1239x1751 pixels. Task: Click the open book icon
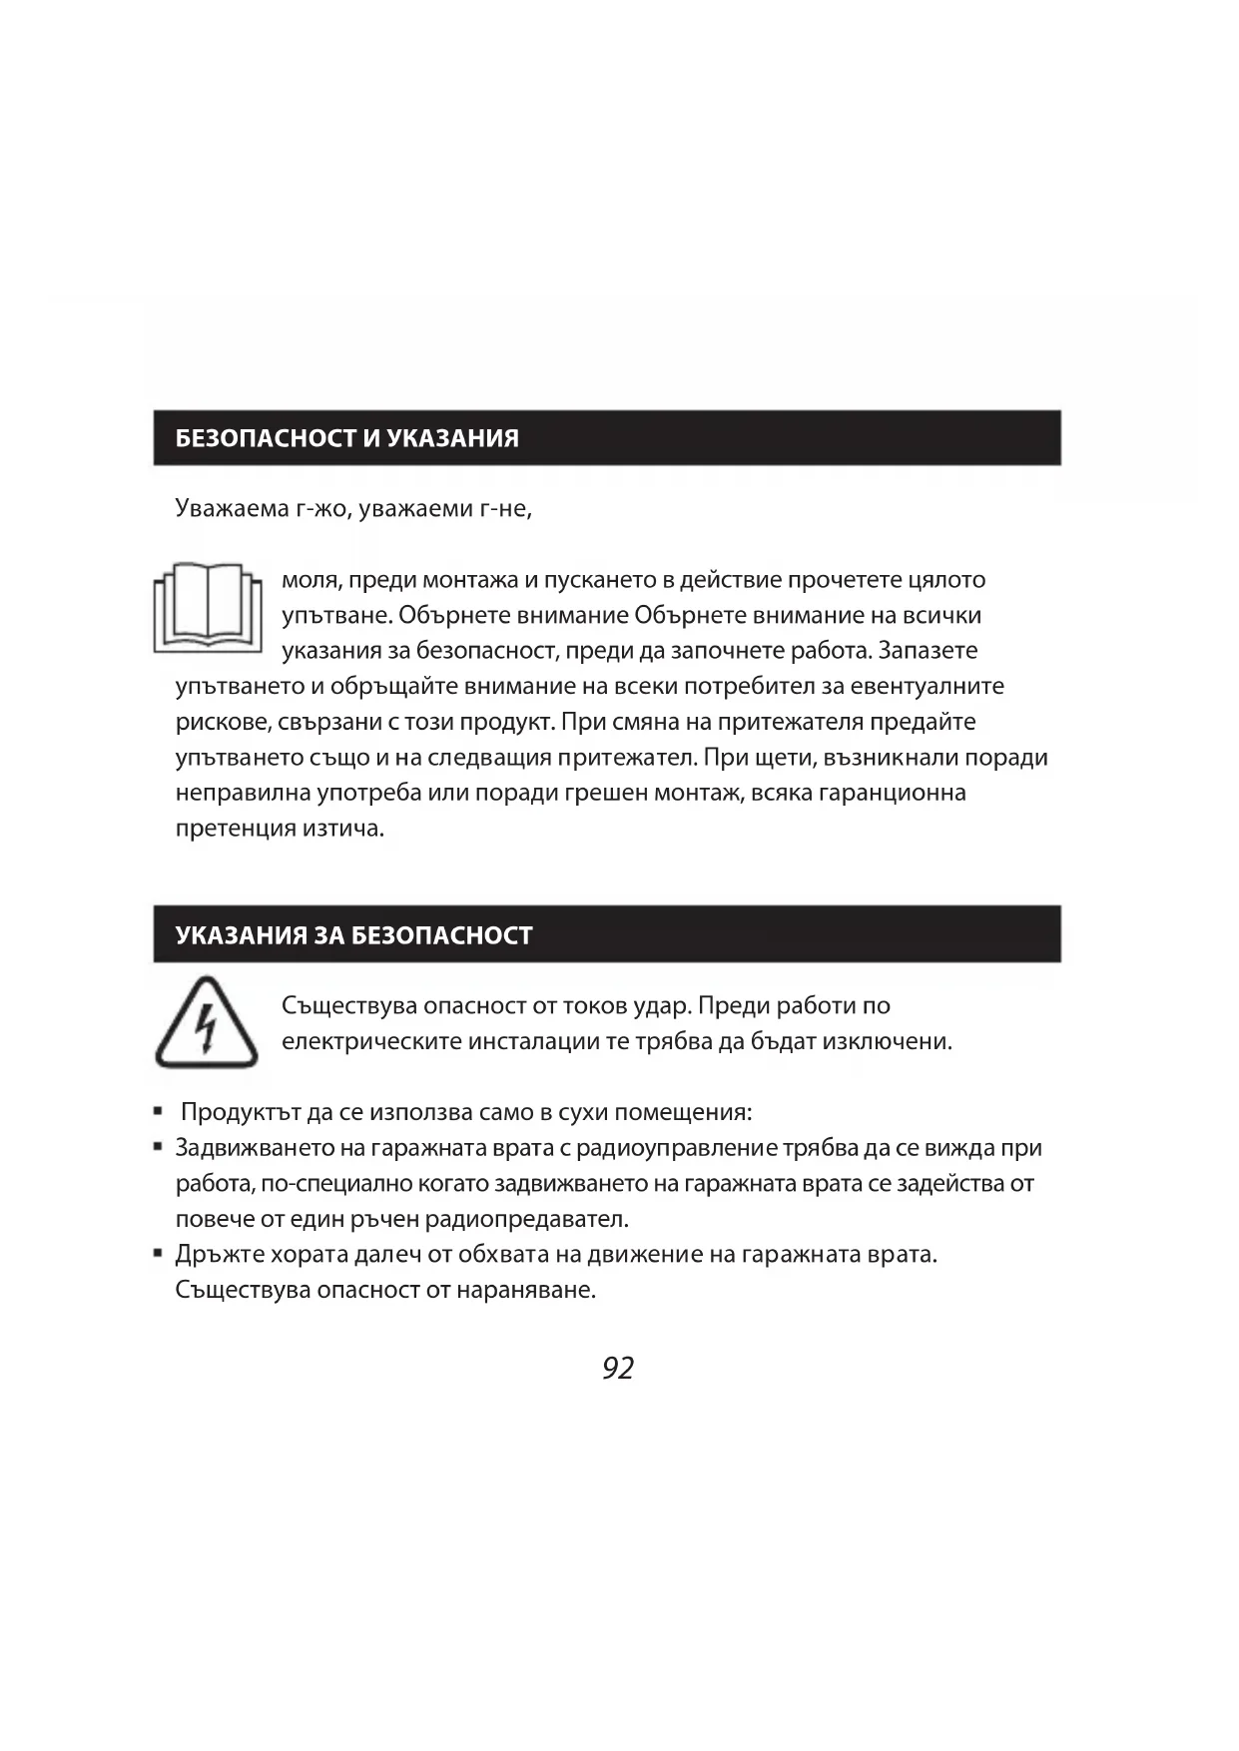tap(208, 607)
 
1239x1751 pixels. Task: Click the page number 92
tap(618, 1368)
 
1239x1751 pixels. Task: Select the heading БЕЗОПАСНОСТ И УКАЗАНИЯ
tap(346, 438)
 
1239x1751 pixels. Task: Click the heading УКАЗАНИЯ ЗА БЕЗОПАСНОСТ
tap(353, 935)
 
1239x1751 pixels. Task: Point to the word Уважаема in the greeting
tap(233, 508)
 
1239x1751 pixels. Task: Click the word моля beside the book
tap(310, 580)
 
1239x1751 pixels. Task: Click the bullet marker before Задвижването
tap(158, 1146)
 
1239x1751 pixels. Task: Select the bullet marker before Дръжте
tap(158, 1252)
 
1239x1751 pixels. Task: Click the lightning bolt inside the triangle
tap(206, 1029)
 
